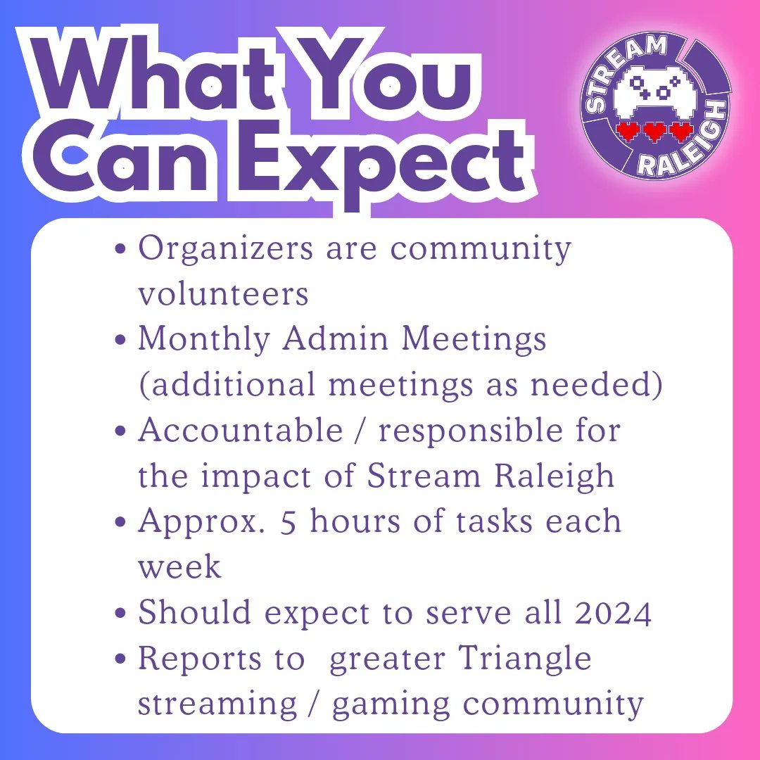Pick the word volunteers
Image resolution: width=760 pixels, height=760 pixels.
point(223,294)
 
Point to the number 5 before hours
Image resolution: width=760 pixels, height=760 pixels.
point(288,522)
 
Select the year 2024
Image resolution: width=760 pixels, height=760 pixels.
point(613,613)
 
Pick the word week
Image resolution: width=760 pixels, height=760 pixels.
point(179,567)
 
